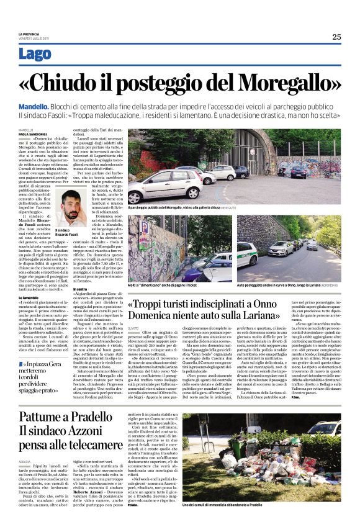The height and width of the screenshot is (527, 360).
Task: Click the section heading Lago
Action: (x=35, y=54)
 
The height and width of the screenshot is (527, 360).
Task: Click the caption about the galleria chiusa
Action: (x=183, y=207)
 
